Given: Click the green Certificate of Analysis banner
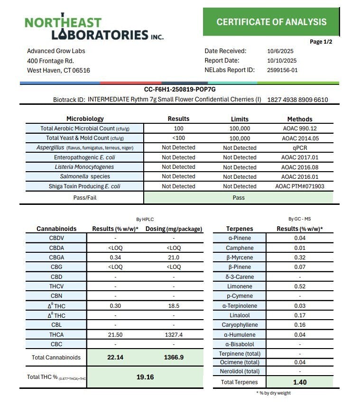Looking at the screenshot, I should (271, 22).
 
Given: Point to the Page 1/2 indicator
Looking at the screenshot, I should (321, 42).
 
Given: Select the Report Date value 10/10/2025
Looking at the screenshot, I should (282, 61).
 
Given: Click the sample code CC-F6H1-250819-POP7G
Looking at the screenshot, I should (180, 89).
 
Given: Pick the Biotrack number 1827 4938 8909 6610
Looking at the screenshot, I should (297, 100).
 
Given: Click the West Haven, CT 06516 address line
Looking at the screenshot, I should (58, 71).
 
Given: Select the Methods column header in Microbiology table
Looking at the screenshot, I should (300, 119).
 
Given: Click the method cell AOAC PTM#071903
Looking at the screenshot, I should (300, 186).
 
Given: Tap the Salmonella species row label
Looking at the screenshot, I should (84, 176).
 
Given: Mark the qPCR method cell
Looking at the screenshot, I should (300, 147).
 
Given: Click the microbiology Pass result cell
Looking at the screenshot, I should (239, 197).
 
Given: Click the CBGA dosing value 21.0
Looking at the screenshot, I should (174, 258).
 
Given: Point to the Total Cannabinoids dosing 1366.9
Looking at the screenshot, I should (174, 357).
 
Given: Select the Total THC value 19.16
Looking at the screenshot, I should (145, 377).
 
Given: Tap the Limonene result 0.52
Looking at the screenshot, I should (299, 286).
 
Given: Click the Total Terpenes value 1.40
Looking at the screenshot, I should (299, 382).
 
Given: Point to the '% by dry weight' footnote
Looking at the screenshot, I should (273, 393).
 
